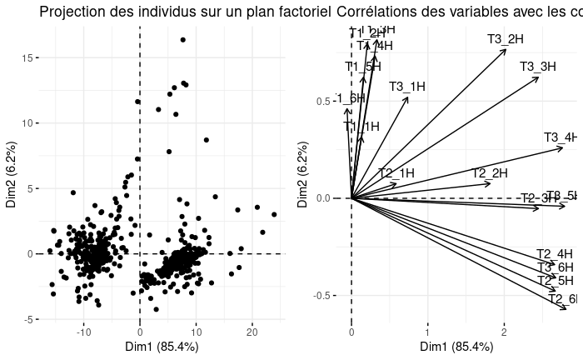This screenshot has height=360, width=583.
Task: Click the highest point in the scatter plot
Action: [182, 39]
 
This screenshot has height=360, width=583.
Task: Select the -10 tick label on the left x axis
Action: [83, 332]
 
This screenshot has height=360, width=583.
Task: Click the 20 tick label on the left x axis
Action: [252, 332]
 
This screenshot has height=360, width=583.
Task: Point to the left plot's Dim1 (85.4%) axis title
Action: [162, 347]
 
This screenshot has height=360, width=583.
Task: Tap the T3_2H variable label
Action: [506, 39]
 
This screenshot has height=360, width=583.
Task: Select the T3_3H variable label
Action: [538, 67]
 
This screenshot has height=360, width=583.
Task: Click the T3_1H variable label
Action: [407, 86]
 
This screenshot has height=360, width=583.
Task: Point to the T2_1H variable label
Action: [396, 173]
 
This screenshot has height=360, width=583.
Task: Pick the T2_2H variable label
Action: [490, 173]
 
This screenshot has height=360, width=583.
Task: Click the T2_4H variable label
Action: [555, 254]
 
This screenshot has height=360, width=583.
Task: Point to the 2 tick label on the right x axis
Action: [504, 332]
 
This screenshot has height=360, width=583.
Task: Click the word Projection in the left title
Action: [70, 12]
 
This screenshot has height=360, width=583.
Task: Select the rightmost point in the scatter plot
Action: [274, 214]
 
